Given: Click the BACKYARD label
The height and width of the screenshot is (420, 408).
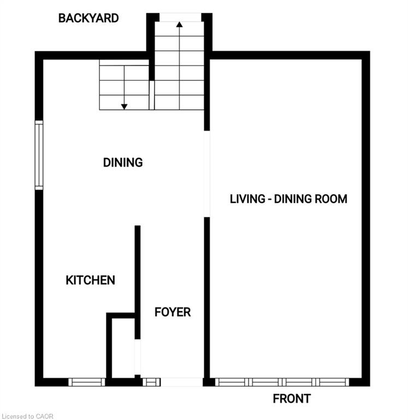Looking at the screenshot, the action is point(88,18).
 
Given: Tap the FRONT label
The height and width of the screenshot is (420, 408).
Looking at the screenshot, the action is point(292,399).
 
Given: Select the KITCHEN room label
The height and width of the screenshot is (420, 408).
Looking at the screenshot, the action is point(91,280).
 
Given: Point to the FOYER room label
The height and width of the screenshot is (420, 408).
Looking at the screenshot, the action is point(173,312).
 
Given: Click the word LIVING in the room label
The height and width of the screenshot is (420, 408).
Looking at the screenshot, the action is point(247,199).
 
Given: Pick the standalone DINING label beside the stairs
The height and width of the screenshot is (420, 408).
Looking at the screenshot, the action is point(123,162).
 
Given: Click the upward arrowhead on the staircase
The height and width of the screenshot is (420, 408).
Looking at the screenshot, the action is point(180,25).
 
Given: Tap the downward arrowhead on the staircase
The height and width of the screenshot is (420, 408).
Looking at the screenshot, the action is point(124,107).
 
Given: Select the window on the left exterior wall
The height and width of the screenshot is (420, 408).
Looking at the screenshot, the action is point(39,155).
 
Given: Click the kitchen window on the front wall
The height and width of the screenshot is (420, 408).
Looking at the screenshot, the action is point(87,382).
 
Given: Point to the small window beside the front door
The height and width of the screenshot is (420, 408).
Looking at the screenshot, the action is point(151,382).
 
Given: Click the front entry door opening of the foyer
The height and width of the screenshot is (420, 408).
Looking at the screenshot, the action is point(182,382).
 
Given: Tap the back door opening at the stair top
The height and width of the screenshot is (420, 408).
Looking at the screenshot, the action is point(180,17).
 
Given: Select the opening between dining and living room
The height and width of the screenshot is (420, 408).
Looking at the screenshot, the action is point(207,174).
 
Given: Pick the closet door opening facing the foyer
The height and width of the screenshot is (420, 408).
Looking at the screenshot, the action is point(137,357).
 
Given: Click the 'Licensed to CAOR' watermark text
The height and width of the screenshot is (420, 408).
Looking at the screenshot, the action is point(27,416).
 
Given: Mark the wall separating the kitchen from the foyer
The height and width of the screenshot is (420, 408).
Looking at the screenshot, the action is point(137,282).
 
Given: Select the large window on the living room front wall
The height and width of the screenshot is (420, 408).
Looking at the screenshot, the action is point(282,382).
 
